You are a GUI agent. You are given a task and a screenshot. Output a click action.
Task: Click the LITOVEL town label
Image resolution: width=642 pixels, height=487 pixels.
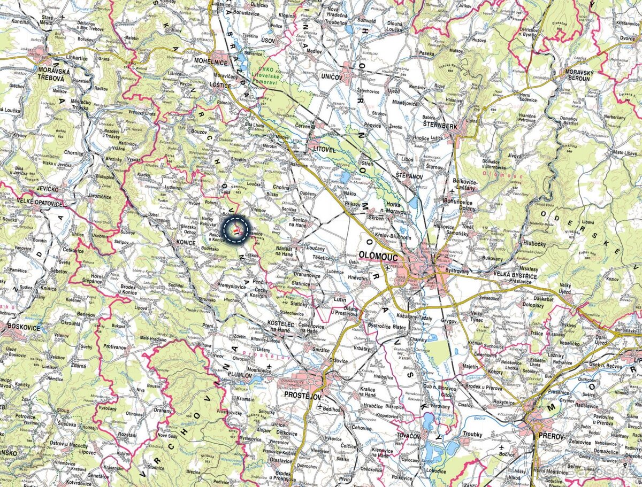click(324, 151)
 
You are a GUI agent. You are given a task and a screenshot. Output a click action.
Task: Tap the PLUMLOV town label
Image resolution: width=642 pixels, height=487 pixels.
click(240, 375)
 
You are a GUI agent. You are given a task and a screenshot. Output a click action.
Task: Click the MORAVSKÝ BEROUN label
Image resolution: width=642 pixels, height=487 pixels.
click(581, 76)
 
